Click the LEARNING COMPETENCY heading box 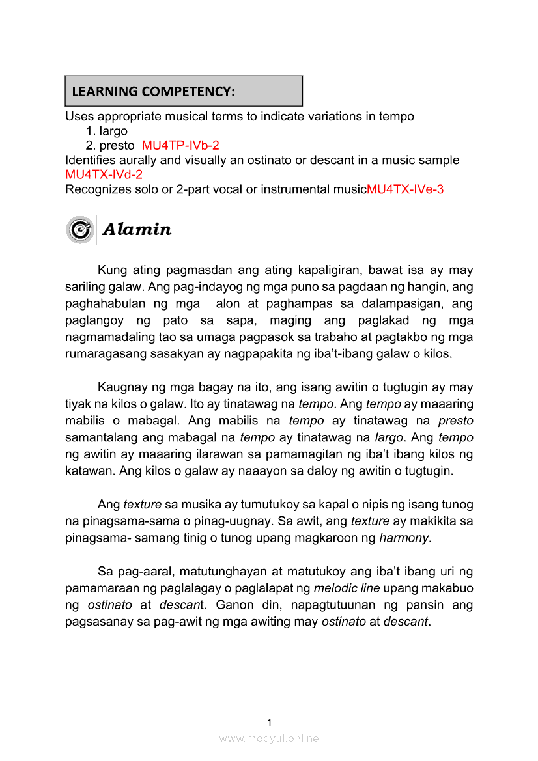184,91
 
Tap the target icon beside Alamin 81,230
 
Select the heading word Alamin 137,230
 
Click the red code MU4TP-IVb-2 185,145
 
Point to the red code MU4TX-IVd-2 104,174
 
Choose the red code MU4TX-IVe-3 405,189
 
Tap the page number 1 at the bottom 269,722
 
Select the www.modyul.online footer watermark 269,738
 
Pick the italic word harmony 405,538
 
